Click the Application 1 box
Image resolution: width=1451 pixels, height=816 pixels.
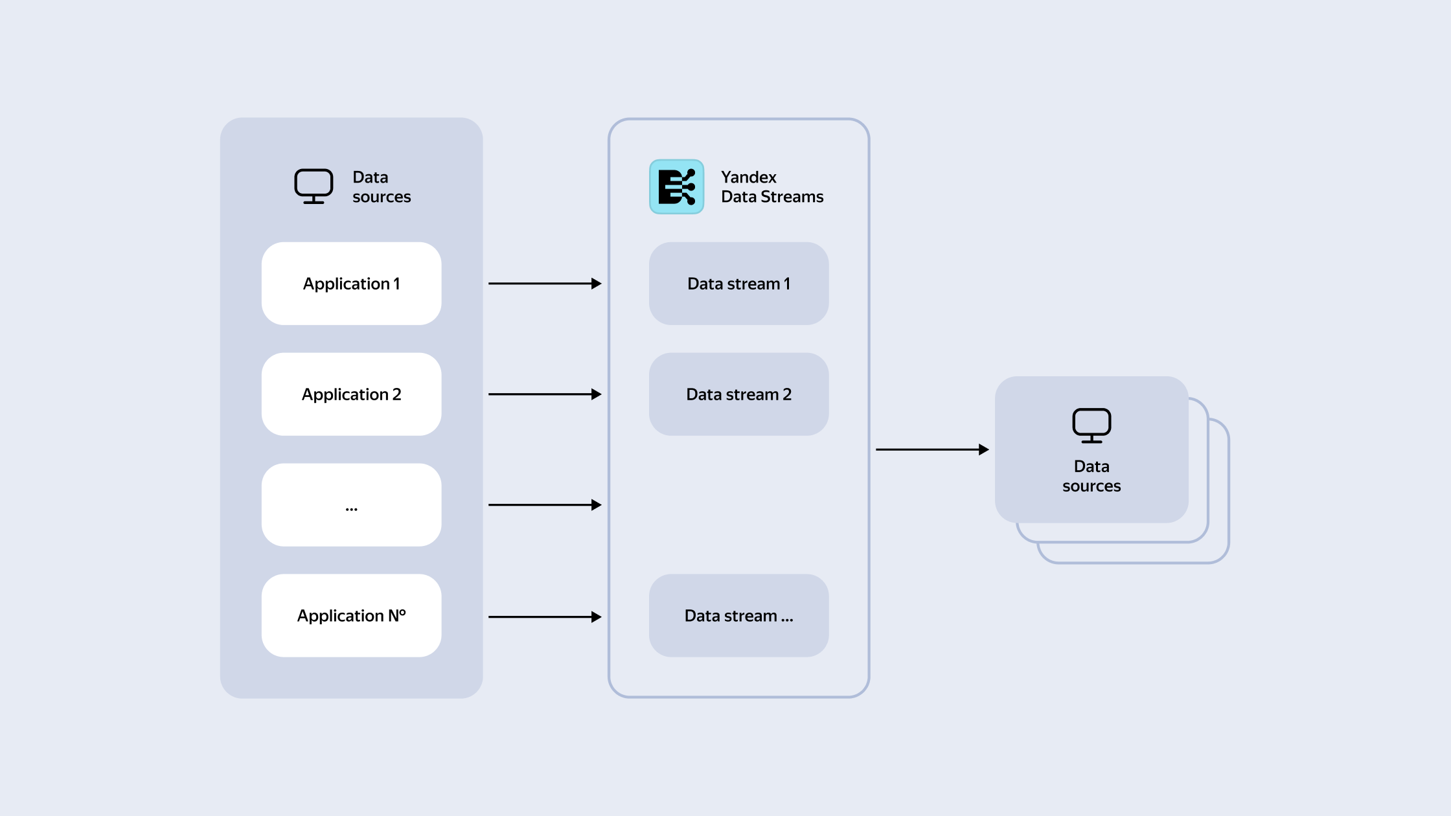(x=351, y=284)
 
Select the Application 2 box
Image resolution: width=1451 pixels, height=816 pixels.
(x=351, y=394)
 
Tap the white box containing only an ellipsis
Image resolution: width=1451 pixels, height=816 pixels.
(x=351, y=505)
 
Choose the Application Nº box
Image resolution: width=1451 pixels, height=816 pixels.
(x=351, y=616)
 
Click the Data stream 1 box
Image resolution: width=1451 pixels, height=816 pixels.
(x=738, y=284)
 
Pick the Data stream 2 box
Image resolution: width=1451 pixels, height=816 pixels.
(x=738, y=394)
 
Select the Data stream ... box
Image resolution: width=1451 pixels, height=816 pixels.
(x=738, y=616)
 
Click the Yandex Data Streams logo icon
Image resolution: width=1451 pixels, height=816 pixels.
(x=676, y=187)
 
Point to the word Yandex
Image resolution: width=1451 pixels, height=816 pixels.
(x=749, y=177)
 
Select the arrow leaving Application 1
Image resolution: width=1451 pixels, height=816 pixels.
(x=545, y=284)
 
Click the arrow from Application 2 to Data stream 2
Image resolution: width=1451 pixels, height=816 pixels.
(x=545, y=394)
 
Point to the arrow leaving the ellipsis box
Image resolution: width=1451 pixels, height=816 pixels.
(x=545, y=505)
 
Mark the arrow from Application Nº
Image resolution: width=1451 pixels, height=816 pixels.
(x=545, y=617)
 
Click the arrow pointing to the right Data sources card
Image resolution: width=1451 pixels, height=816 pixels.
(x=932, y=449)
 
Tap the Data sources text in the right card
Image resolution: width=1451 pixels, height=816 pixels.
(x=1091, y=476)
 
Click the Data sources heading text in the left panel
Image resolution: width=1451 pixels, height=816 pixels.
(x=382, y=187)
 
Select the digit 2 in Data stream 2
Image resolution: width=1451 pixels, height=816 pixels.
(x=787, y=394)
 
